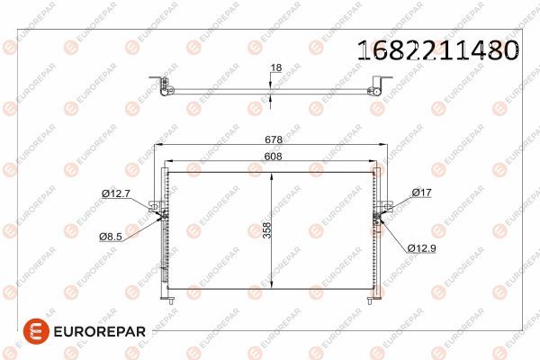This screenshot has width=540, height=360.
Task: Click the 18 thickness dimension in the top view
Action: point(276,67)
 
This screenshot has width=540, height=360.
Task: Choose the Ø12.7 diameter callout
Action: point(115,193)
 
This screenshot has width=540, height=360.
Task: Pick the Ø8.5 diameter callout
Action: point(112,237)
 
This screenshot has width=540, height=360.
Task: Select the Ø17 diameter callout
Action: point(421,193)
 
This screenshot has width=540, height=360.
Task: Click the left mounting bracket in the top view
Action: point(161,86)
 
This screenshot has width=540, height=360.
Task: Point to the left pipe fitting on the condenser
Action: point(159,215)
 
